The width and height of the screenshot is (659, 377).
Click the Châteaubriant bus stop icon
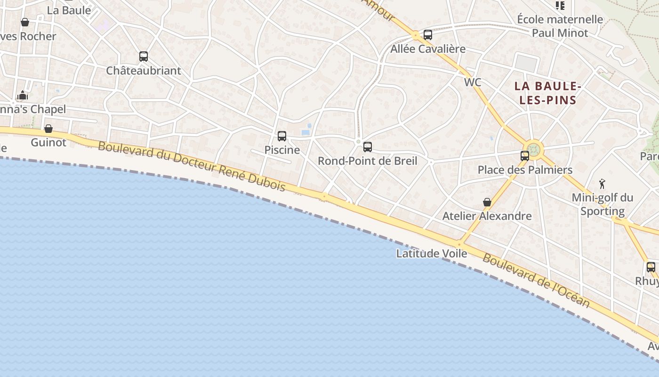tap(144, 57)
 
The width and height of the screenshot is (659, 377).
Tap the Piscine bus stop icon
tap(282, 136)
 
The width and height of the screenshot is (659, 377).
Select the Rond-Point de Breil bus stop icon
tap(368, 147)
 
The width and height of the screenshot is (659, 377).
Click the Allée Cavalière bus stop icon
tap(428, 35)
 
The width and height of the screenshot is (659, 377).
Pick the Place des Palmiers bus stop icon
tap(525, 156)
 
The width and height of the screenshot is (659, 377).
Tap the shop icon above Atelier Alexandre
tap(487, 202)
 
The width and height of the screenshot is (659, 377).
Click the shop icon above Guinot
tap(48, 129)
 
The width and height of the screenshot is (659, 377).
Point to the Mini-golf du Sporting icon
tap(602, 184)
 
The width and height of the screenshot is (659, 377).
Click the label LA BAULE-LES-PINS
tap(546, 93)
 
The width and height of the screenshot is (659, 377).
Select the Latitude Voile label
tap(432, 254)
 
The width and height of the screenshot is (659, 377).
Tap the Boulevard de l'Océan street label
tap(536, 281)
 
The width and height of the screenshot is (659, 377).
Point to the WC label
tap(473, 82)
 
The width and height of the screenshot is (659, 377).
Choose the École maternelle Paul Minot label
tap(560, 26)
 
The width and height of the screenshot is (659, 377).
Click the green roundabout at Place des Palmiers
tap(534, 150)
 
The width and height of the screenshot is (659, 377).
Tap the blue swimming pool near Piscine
tap(305, 133)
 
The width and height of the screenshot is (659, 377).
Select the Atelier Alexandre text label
tap(487, 216)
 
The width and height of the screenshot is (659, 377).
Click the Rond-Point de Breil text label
tap(368, 161)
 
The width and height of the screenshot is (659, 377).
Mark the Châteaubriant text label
tap(144, 71)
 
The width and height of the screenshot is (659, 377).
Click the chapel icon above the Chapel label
tap(23, 96)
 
